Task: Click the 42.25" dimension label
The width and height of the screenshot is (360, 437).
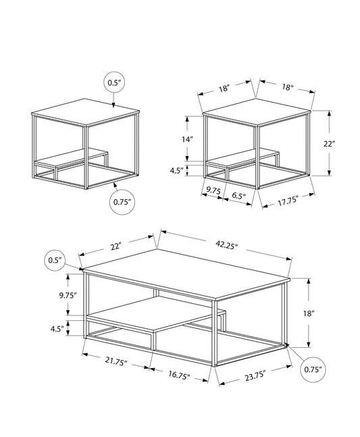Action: pos(228,246)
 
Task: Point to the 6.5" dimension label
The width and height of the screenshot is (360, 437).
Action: pos(238,196)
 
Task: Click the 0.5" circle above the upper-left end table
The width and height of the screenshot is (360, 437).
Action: pos(113,82)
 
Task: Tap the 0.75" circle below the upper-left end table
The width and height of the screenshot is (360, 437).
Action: pos(122,201)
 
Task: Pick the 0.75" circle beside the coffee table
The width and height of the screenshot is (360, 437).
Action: pos(312,369)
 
